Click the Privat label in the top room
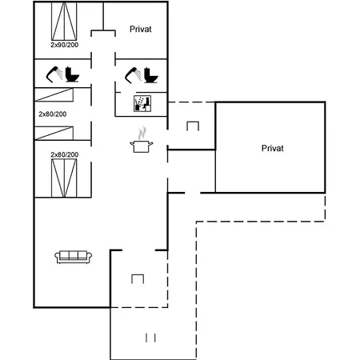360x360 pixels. [x=141, y=29]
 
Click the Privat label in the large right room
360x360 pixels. [x=272, y=148]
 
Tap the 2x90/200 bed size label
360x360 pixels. [x=65, y=45]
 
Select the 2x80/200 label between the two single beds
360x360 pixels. [x=53, y=114]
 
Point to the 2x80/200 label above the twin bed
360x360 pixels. [x=65, y=154]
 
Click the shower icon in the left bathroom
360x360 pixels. [x=54, y=74]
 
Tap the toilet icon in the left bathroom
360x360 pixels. [x=72, y=74]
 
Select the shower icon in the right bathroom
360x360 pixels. [x=133, y=75]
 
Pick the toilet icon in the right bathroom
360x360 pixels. [x=151, y=75]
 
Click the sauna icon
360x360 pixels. [x=142, y=103]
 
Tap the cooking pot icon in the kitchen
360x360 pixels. [x=142, y=146]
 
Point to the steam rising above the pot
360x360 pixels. [x=142, y=133]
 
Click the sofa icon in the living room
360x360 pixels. [x=73, y=257]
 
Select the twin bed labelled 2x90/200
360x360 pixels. [x=64, y=22]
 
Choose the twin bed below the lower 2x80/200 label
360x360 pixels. [x=64, y=178]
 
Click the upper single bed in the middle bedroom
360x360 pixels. [x=54, y=95]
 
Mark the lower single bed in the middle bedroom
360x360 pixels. [x=54, y=133]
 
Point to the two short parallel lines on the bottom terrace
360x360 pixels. [x=150, y=338]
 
